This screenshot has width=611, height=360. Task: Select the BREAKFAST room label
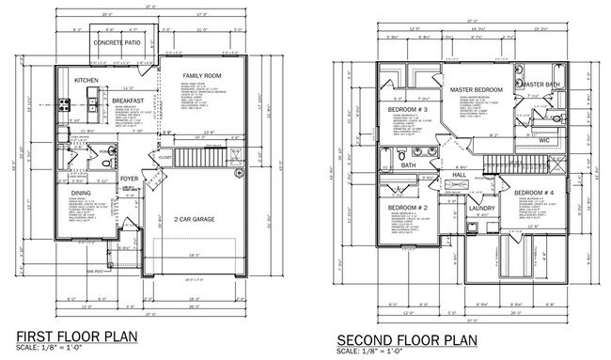coord(126,101)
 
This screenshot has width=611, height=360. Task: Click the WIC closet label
coord(542,140)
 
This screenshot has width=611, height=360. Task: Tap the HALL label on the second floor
coord(460,175)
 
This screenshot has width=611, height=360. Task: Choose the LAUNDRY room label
coord(482,208)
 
